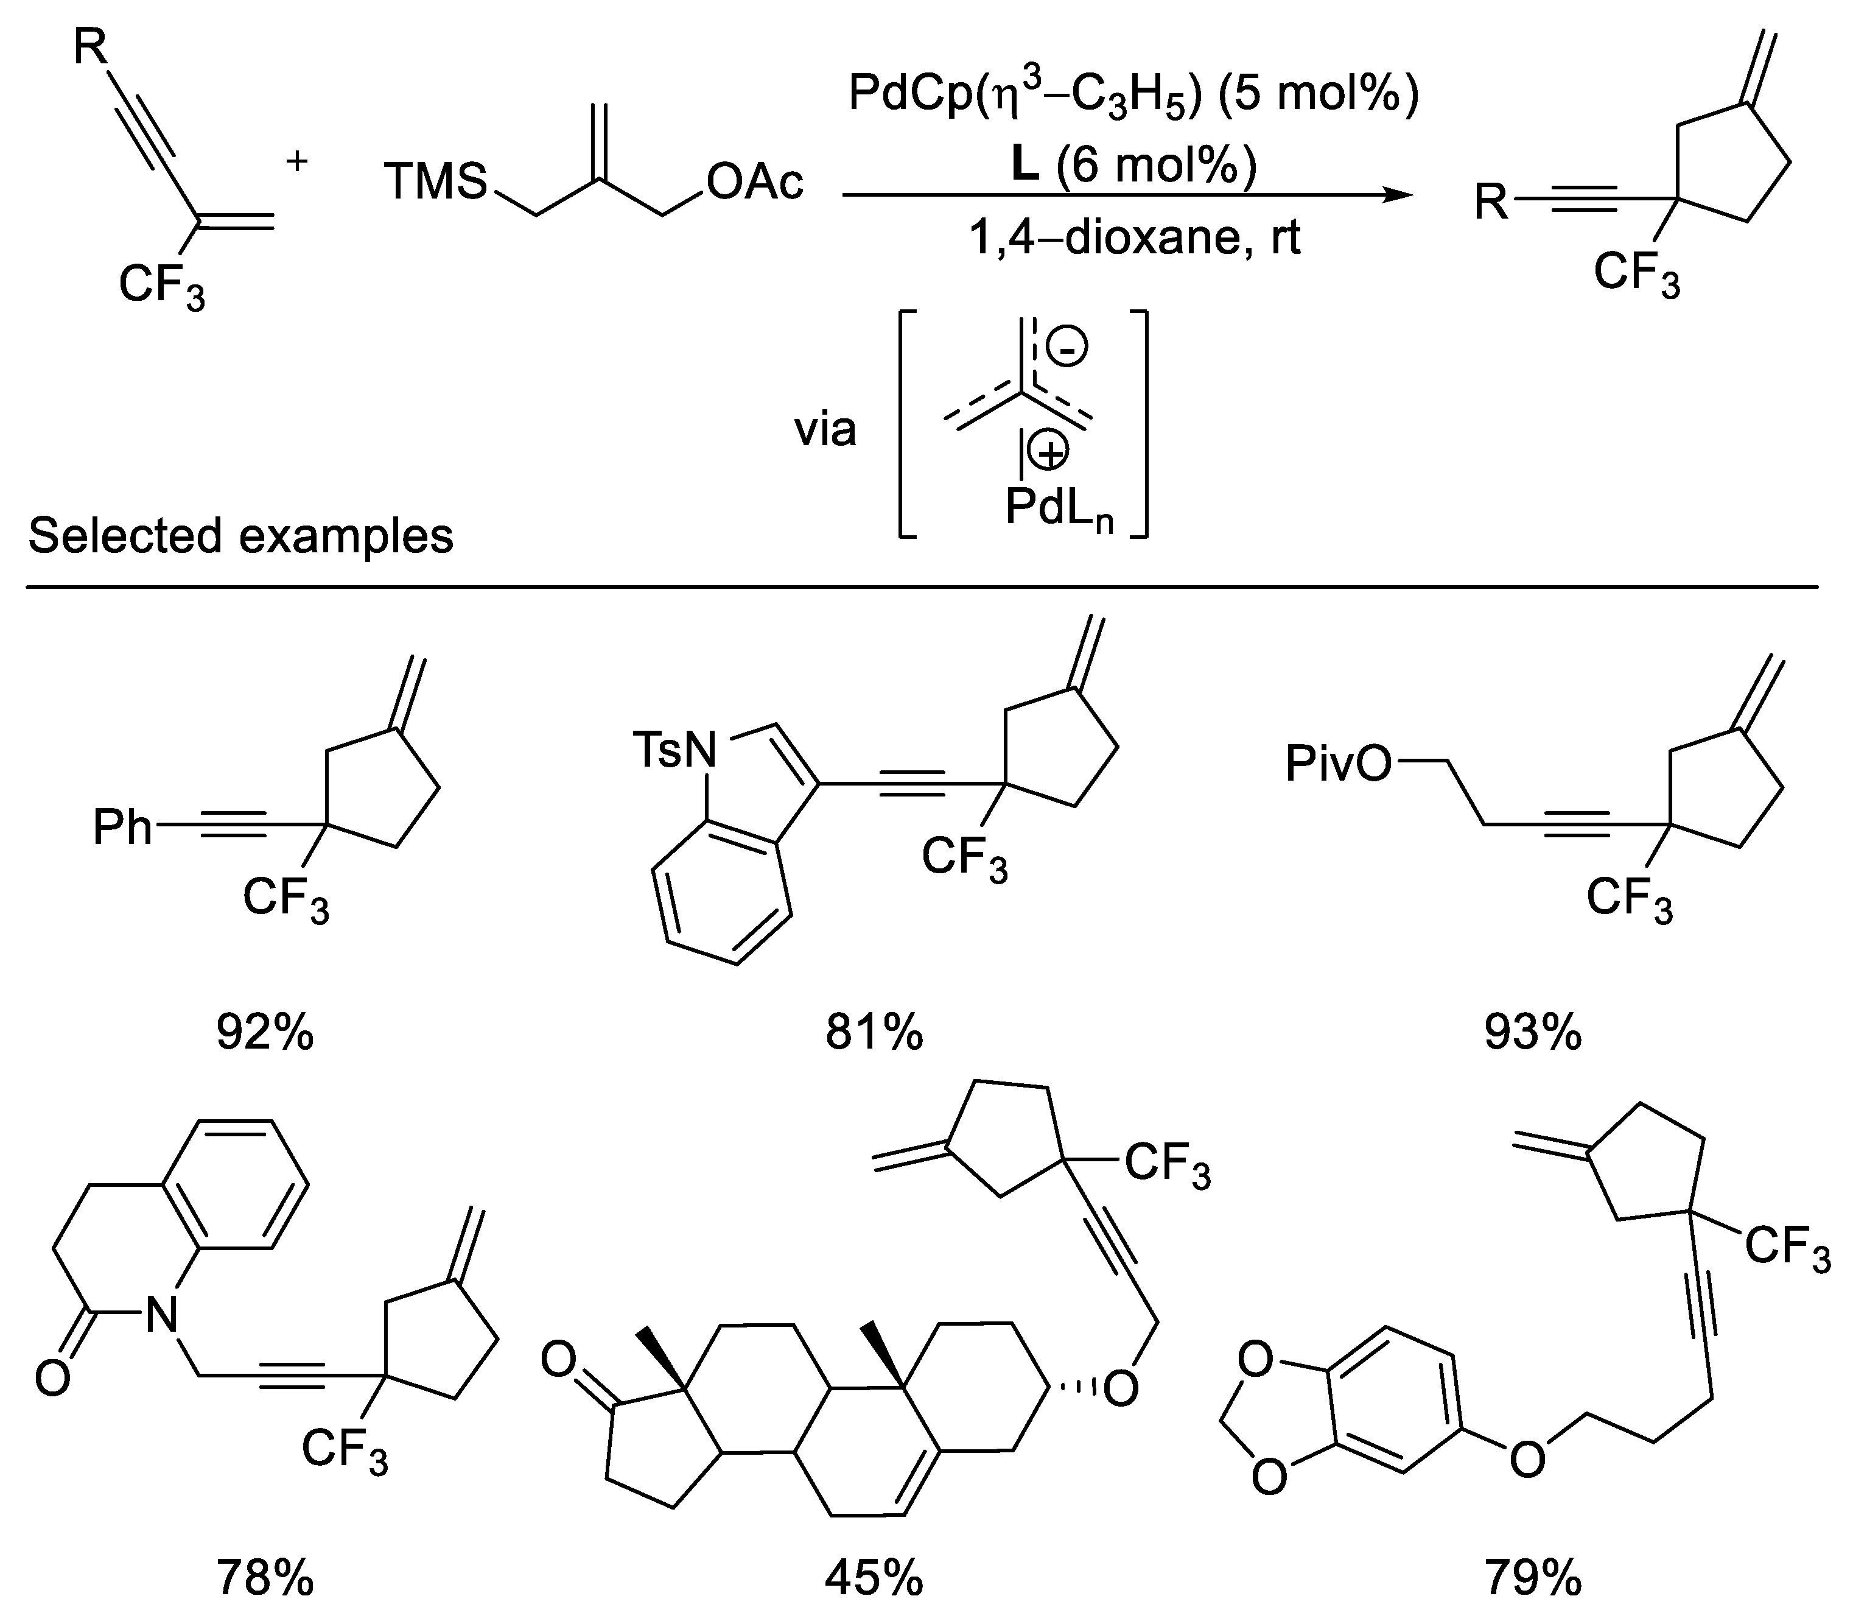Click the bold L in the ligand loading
[1024, 166]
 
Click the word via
[825, 430]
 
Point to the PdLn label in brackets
[1058, 509]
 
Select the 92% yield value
[264, 1031]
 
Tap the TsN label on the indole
[674, 750]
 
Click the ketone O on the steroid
[559, 1362]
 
